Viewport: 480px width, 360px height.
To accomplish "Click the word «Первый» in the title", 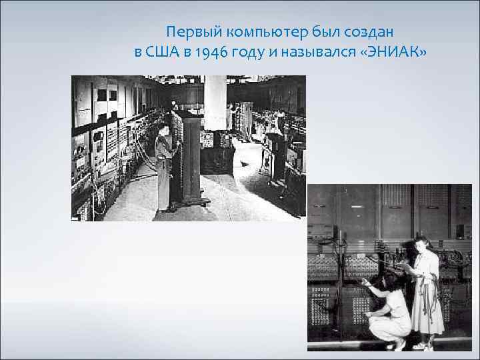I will pyautogui.click(x=189, y=32).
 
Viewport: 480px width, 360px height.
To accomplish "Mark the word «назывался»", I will pyautogui.click(x=313, y=53).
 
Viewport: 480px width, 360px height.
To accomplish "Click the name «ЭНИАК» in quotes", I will pyautogui.click(x=393, y=53).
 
